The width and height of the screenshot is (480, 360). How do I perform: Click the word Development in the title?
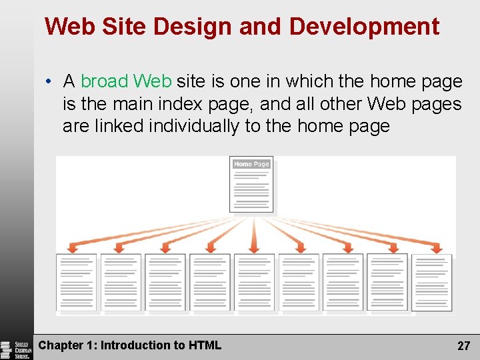[x=365, y=27]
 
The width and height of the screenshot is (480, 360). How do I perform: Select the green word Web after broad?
[x=153, y=81]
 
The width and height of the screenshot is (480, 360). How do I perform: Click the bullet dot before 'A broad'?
[x=50, y=82]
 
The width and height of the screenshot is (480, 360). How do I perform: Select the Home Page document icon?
[x=251, y=185]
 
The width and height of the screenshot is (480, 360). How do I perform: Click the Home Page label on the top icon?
[x=251, y=164]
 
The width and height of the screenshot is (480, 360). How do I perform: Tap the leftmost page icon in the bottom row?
[x=76, y=282]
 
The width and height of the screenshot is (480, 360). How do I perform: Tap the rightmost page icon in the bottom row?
[x=431, y=282]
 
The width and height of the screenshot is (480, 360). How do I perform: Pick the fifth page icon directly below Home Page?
[x=254, y=282]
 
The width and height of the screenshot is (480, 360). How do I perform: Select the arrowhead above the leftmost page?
[x=75, y=248]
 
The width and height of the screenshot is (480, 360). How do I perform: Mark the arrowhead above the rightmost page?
[x=437, y=249]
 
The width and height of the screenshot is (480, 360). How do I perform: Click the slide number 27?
[x=463, y=346]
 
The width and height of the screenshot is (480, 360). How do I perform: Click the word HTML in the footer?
[x=206, y=345]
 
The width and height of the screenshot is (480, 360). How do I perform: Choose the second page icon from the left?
[x=121, y=282]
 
